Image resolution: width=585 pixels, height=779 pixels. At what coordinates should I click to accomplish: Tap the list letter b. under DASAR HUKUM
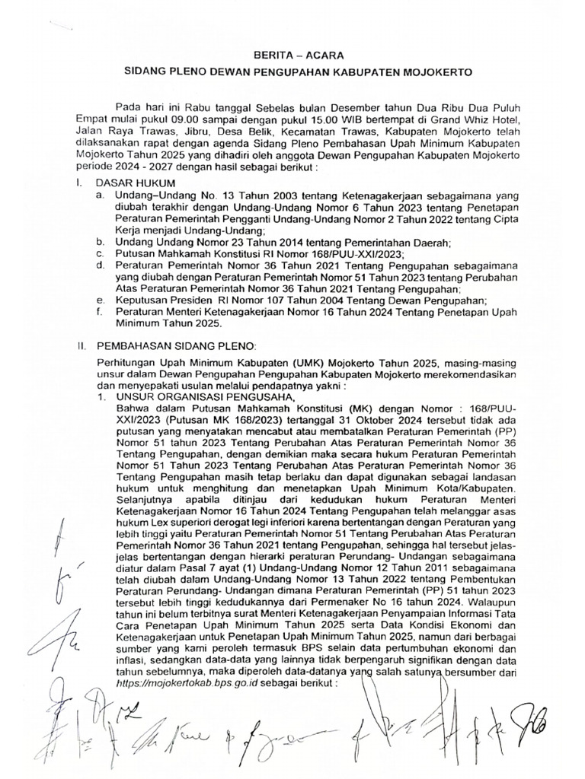[x=99, y=242]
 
